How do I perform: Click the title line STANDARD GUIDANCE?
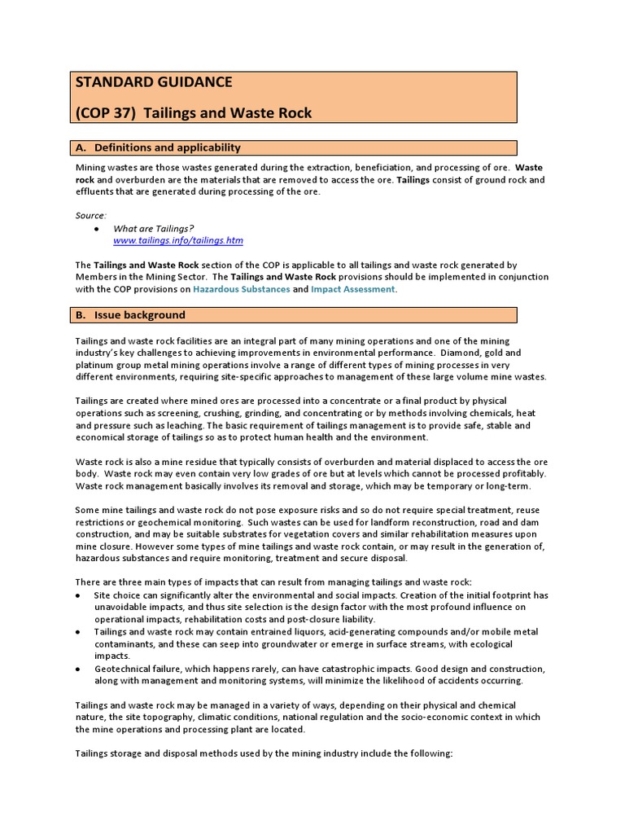154,82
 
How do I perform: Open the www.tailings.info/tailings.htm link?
177,241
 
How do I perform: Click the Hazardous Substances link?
242,289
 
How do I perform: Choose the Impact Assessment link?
353,289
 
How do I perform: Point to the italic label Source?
90,215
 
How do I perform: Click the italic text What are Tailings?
154,229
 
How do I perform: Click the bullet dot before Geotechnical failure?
76,669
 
